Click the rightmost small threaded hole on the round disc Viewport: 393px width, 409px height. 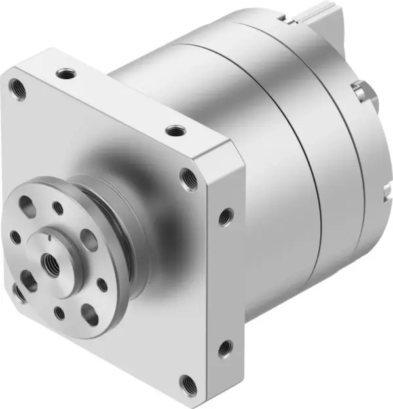click(x=102, y=285)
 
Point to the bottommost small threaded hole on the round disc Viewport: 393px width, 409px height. click(x=60, y=313)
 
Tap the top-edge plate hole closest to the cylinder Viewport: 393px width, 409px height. click(x=174, y=130)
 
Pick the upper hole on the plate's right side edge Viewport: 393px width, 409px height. click(x=225, y=215)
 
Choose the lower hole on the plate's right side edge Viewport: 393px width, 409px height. click(x=225, y=348)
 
